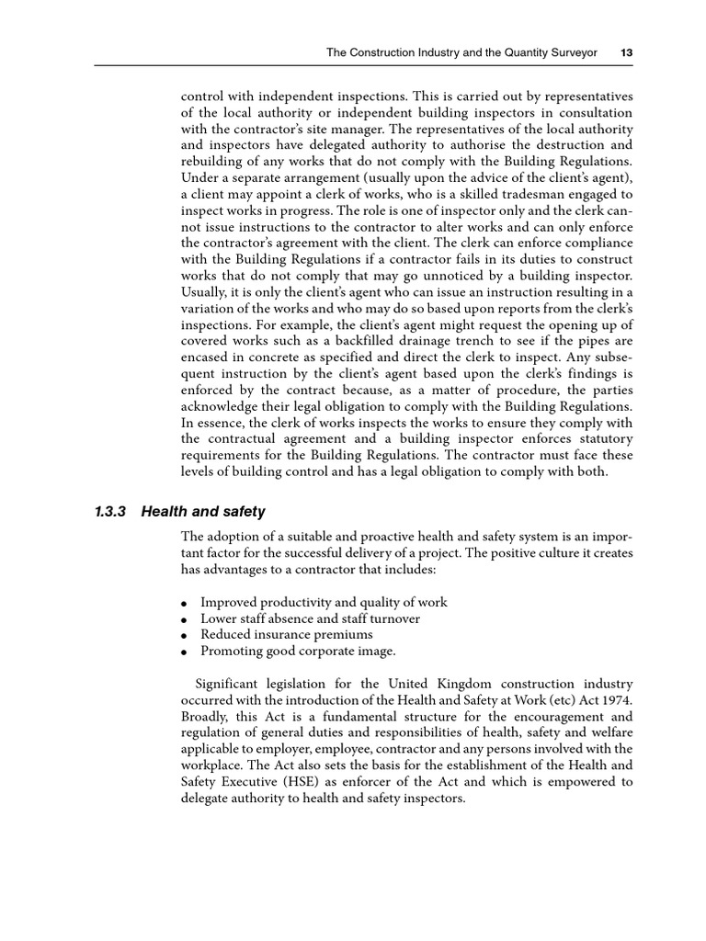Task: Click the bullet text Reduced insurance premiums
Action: pyautogui.click(x=286, y=635)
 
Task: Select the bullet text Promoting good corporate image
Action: pyautogui.click(x=298, y=652)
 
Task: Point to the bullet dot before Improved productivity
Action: pyautogui.click(x=185, y=604)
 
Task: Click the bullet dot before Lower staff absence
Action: pyautogui.click(x=185, y=620)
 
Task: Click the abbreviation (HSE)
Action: pyautogui.click(x=293, y=783)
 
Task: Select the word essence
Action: pyautogui.click(x=220, y=425)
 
